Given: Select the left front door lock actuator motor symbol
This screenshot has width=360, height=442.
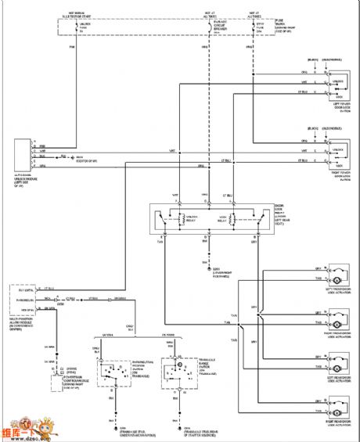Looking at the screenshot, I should coord(338,279).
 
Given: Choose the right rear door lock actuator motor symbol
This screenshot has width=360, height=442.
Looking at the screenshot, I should coord(338,409).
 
